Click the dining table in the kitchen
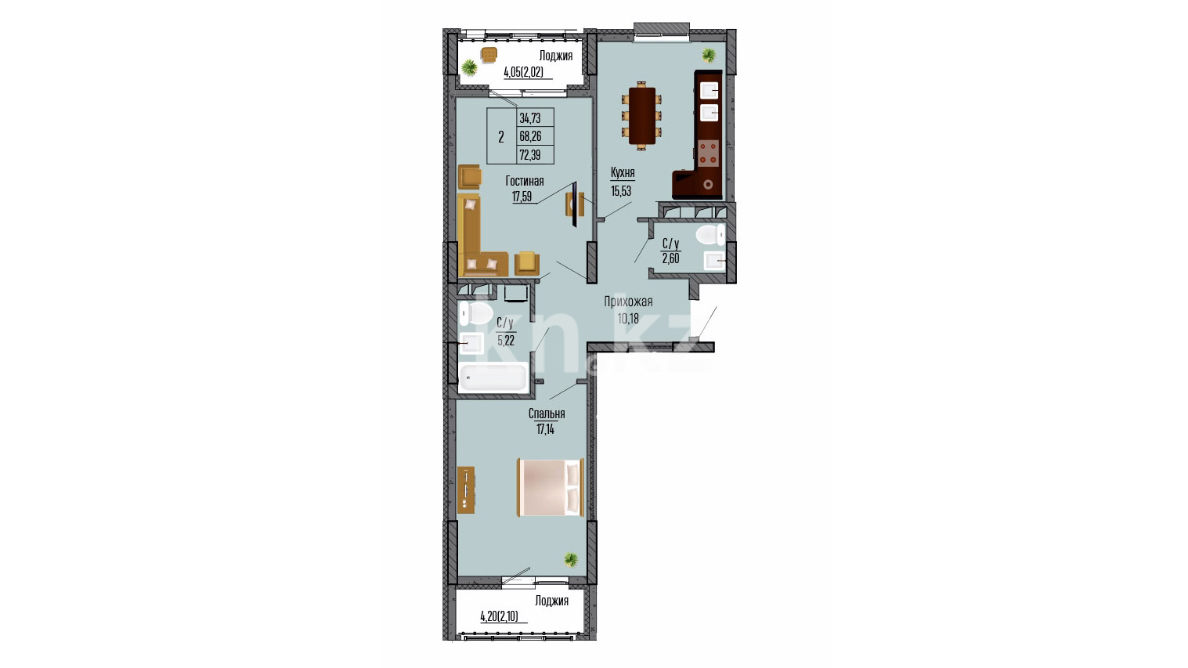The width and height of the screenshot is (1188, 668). coord(641,116)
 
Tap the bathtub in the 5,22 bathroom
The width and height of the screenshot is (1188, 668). coord(493,377)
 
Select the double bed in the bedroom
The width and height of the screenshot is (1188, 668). coord(551,487)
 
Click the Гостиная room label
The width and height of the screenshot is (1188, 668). coord(525,182)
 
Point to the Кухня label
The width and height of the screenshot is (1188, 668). coord(623,172)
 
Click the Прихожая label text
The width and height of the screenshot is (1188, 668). coord(629,302)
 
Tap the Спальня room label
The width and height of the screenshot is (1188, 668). coord(547,413)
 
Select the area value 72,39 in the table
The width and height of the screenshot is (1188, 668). coord(530,155)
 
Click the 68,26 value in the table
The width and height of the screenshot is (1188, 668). coord(530,136)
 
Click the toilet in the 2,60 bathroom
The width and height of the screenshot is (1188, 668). coord(710,235)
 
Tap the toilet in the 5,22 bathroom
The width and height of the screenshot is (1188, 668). coord(475,313)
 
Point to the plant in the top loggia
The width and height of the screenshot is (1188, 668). coord(469,67)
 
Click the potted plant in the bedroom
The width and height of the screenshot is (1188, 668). coord(571,559)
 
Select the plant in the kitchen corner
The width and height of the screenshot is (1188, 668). coord(709,54)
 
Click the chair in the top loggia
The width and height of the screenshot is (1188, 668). coord(489,54)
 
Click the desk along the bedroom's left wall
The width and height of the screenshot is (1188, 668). coord(466,490)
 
